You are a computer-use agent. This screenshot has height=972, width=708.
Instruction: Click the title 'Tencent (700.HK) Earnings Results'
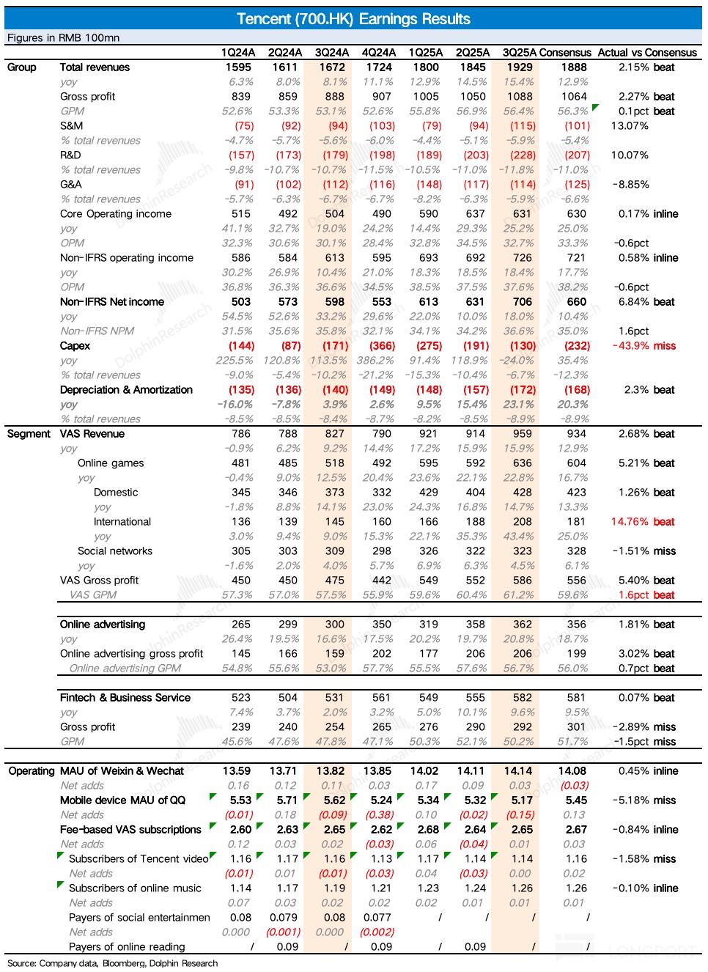353,19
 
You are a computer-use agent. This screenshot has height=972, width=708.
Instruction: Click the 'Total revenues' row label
95,67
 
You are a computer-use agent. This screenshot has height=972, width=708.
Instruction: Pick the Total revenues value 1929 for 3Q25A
520,67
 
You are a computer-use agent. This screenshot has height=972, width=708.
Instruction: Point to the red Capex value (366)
382,346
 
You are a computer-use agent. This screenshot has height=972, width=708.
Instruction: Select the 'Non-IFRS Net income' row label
111,302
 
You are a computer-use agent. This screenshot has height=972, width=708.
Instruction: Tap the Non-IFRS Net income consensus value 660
577,302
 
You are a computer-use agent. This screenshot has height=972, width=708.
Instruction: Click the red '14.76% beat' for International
643,522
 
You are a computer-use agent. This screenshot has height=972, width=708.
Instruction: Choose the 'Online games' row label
111,463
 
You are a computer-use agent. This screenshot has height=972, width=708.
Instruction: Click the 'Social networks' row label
115,551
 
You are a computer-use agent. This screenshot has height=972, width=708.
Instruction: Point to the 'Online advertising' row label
103,625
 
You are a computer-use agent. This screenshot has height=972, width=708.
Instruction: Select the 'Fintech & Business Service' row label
125,698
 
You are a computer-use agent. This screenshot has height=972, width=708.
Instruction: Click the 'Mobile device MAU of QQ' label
122,800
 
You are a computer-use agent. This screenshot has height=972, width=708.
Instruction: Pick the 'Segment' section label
29,434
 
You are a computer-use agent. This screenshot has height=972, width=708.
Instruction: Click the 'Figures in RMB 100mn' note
63,38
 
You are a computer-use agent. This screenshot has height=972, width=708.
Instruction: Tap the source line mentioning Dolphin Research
112,963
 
